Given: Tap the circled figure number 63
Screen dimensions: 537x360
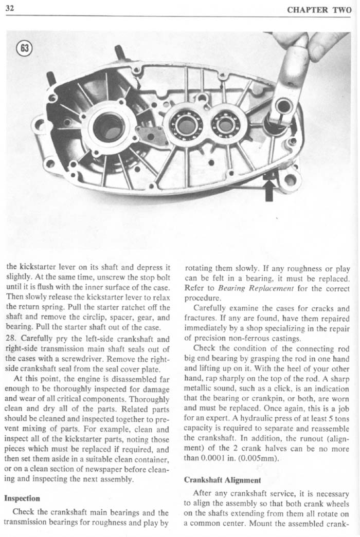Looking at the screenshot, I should coord(24,49).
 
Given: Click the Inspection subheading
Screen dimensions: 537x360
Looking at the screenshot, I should coord(22,498).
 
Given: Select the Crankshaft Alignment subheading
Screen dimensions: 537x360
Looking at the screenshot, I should coord(215,480).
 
